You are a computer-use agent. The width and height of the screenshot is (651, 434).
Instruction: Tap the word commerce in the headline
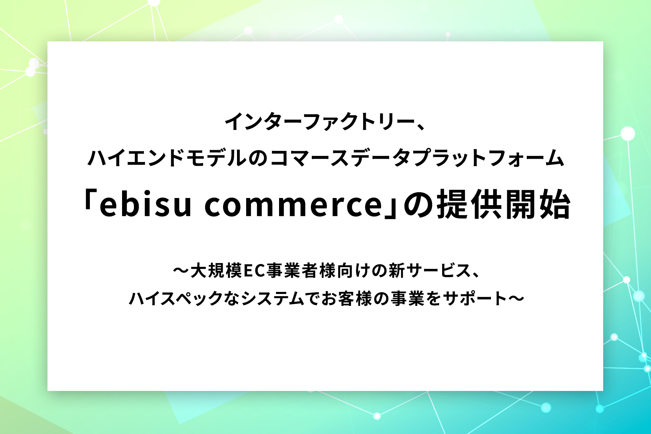coord(294,206)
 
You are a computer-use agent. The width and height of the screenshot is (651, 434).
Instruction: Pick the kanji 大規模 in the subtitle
coord(216,271)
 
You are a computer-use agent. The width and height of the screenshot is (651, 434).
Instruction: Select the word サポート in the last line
coord(475,299)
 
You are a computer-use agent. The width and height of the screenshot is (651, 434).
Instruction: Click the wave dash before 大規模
coord(181,271)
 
